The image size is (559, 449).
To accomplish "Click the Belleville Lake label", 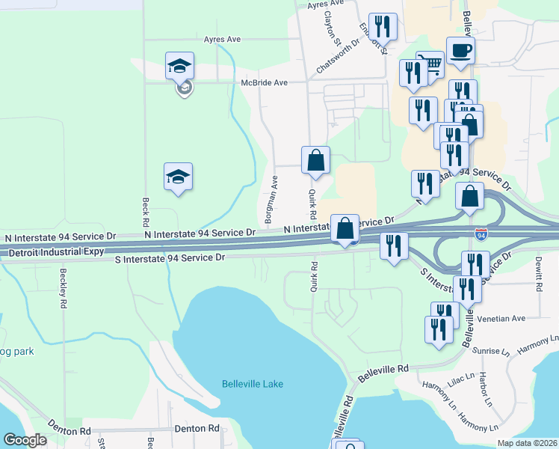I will coord(253,384).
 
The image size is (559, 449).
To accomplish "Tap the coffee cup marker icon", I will coord(460,51).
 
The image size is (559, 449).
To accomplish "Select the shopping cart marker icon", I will coord(430,65).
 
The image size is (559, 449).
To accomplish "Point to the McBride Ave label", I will coord(264,82).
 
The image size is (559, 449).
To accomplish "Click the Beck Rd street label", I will coord(144,213).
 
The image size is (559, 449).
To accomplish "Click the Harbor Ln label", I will coord(484,391).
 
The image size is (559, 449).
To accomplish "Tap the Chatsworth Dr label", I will coord(337,55).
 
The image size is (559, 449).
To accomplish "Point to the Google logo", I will coord(25,440).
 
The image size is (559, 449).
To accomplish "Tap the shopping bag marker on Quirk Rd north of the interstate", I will coord(315,160).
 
